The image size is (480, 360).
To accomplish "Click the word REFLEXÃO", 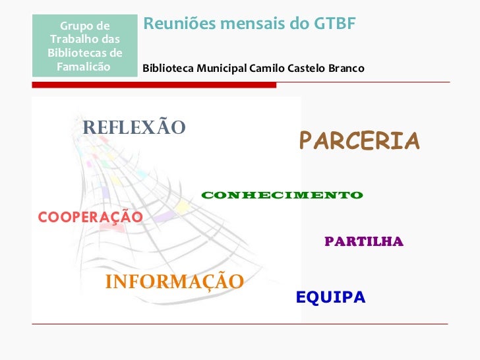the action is click(134, 127).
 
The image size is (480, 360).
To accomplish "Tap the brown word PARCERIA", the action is click(359, 140).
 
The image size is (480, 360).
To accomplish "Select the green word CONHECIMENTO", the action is click(282, 195).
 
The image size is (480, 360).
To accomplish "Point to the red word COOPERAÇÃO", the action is click(90, 217).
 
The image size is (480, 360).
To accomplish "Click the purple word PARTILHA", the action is click(363, 242).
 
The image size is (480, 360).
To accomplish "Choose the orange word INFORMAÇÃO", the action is click(175, 282).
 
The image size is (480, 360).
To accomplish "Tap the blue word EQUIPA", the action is click(330, 297).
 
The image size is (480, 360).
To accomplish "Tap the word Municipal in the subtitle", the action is click(220, 69).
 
